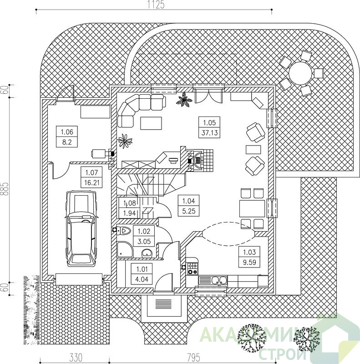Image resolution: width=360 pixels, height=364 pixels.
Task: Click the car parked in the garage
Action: (81, 229)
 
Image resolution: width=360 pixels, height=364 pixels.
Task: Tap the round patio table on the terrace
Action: (300, 73)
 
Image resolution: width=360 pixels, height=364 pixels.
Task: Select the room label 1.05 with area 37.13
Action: (209, 127)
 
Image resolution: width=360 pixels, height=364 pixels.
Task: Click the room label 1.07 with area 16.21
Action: (91, 177)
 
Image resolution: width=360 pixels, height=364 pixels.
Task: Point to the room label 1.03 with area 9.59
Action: (249, 257)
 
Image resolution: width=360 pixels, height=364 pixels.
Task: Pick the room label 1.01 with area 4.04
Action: (142, 274)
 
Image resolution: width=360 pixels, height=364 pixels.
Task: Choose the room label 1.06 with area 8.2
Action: (67, 137)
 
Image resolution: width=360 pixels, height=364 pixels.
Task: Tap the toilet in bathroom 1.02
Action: (122, 231)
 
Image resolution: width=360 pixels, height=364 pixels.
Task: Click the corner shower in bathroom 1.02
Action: (125, 249)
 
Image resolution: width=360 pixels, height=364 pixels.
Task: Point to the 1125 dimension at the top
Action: (156, 5)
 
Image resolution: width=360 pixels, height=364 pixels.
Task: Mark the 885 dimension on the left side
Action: (5, 189)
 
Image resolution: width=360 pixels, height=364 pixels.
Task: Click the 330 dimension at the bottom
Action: (76, 358)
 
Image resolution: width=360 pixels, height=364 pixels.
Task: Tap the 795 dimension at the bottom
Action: (193, 358)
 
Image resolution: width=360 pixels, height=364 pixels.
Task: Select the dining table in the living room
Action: (252, 209)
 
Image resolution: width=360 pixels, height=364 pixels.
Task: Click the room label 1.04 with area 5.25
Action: (188, 206)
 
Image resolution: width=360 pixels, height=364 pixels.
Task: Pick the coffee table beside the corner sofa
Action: (151, 123)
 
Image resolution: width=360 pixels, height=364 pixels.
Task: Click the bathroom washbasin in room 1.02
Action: (146, 253)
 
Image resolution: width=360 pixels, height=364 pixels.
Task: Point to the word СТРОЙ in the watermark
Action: (283, 354)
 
